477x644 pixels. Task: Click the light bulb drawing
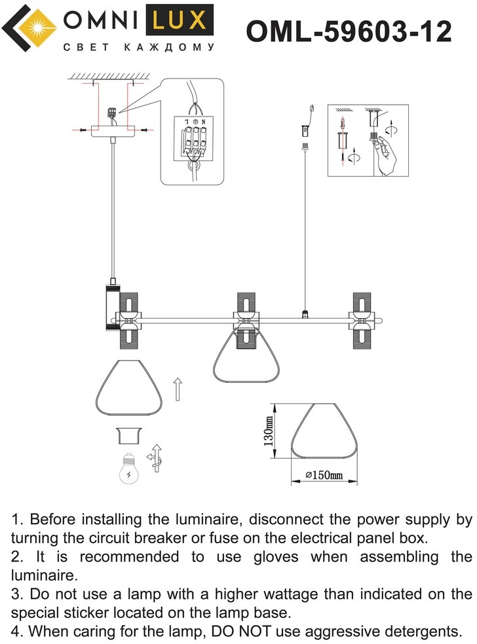click(x=129, y=469)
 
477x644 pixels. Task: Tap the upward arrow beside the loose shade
click(x=177, y=389)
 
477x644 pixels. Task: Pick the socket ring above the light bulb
click(x=128, y=436)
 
